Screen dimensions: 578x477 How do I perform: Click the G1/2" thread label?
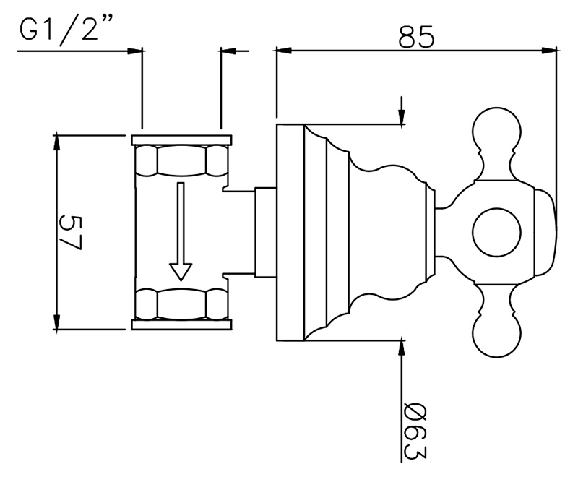click(x=59, y=28)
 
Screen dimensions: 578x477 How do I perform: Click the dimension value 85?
click(x=417, y=36)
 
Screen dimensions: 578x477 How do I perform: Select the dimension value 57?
click(x=69, y=233)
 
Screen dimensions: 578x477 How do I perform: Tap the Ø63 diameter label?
click(x=415, y=432)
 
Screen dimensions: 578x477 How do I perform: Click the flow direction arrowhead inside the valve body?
click(x=180, y=272)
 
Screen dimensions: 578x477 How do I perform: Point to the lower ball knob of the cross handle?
click(x=496, y=335)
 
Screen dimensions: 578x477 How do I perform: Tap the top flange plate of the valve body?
click(x=182, y=140)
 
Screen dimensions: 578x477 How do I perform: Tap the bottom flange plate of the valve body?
click(x=182, y=325)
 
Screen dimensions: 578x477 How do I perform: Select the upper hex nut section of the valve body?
click(x=181, y=160)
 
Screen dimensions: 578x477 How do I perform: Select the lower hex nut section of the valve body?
click(x=181, y=304)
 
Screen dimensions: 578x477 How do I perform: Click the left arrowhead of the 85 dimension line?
click(x=284, y=51)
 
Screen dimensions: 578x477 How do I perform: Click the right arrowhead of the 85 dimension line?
click(x=548, y=51)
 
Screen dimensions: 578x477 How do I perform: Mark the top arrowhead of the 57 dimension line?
click(x=56, y=142)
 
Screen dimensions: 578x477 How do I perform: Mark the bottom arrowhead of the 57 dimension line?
click(x=56, y=322)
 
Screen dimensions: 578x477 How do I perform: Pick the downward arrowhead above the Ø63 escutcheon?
click(x=402, y=117)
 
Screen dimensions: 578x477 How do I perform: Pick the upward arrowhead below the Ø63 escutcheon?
click(x=402, y=348)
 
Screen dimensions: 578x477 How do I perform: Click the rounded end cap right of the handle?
click(x=545, y=233)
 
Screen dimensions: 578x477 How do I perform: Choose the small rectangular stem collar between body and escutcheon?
click(x=265, y=232)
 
